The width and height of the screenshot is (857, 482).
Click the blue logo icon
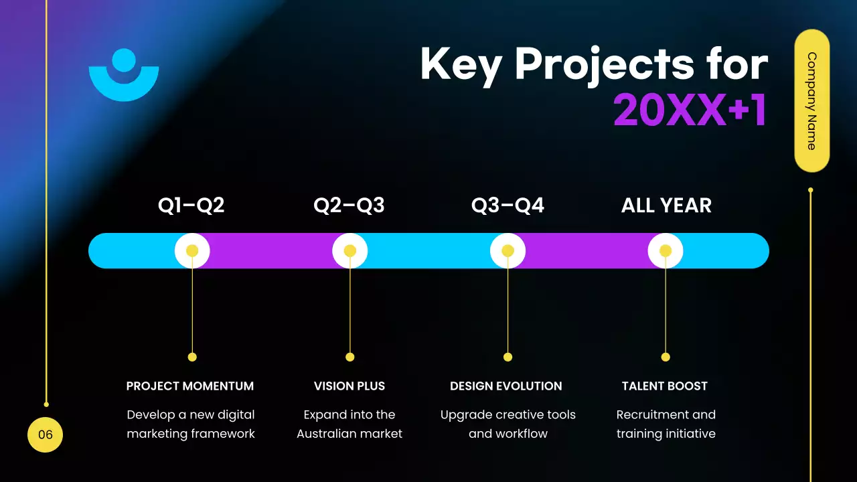coord(124,75)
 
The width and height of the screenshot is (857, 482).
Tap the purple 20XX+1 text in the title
coord(690,110)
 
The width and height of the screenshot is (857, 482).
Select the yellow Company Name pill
coord(811,100)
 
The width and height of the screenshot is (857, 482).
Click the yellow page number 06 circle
coord(45,435)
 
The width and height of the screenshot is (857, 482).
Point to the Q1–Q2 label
coord(191,206)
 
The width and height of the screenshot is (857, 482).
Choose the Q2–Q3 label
coord(349,206)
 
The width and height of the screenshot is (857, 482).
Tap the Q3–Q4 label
coord(508,206)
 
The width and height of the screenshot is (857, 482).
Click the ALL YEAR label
coord(666,206)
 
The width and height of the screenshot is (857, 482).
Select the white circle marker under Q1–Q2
coord(192,251)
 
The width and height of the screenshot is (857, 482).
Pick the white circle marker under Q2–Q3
coord(349,251)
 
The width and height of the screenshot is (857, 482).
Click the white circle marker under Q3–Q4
coord(508,251)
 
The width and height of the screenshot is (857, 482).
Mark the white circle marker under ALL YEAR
coord(666,251)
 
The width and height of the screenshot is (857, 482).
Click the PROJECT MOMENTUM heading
coord(190,386)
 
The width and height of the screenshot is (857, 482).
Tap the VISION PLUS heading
coord(349,386)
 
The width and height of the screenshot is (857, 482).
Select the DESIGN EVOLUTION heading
coord(506,386)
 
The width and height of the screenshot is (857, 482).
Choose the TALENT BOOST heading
coord(665,386)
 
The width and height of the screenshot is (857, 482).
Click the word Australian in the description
coord(327,434)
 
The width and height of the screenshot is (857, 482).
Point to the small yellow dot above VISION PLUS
coord(349,357)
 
